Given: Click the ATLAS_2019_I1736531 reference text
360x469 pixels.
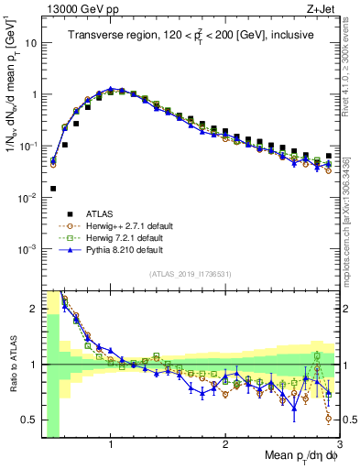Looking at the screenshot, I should [x=191, y=274].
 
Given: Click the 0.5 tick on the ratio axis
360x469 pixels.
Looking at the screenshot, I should [x=29, y=420].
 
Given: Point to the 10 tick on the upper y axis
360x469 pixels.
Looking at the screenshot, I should [x=29, y=42].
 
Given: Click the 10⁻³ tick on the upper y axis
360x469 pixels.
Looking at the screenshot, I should [x=27, y=249].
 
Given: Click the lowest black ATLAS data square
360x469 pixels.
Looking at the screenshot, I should [x=52, y=189].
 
